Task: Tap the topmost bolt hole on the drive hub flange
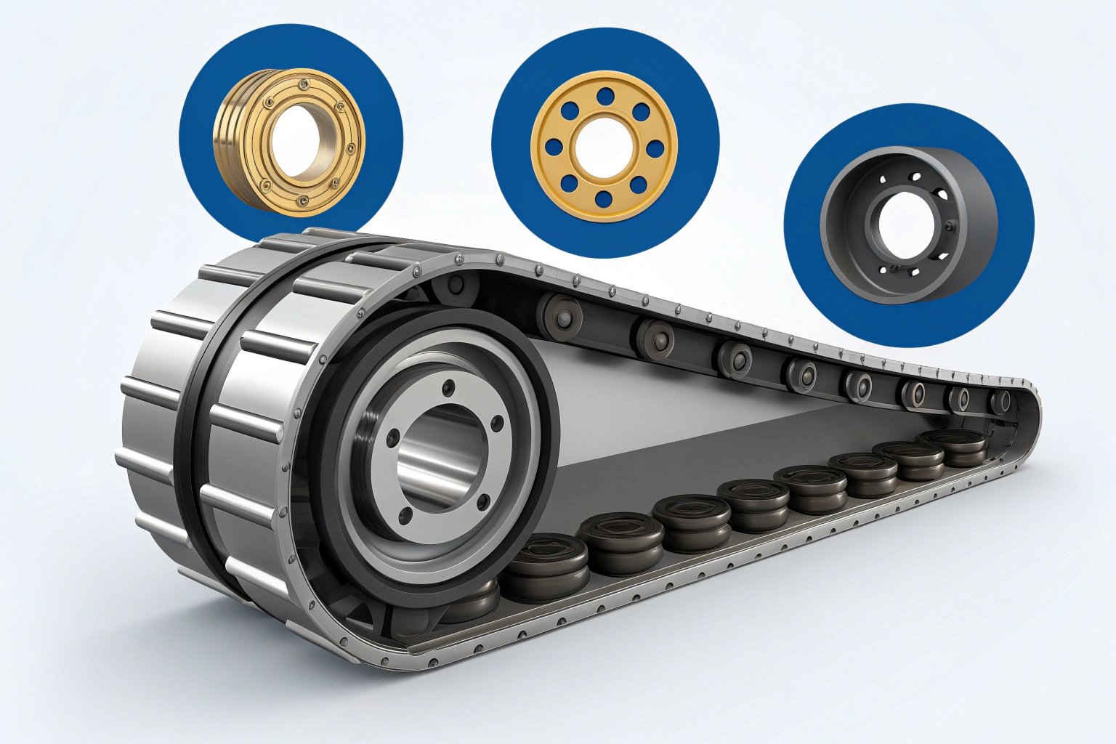449,387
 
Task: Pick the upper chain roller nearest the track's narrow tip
1000,402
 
